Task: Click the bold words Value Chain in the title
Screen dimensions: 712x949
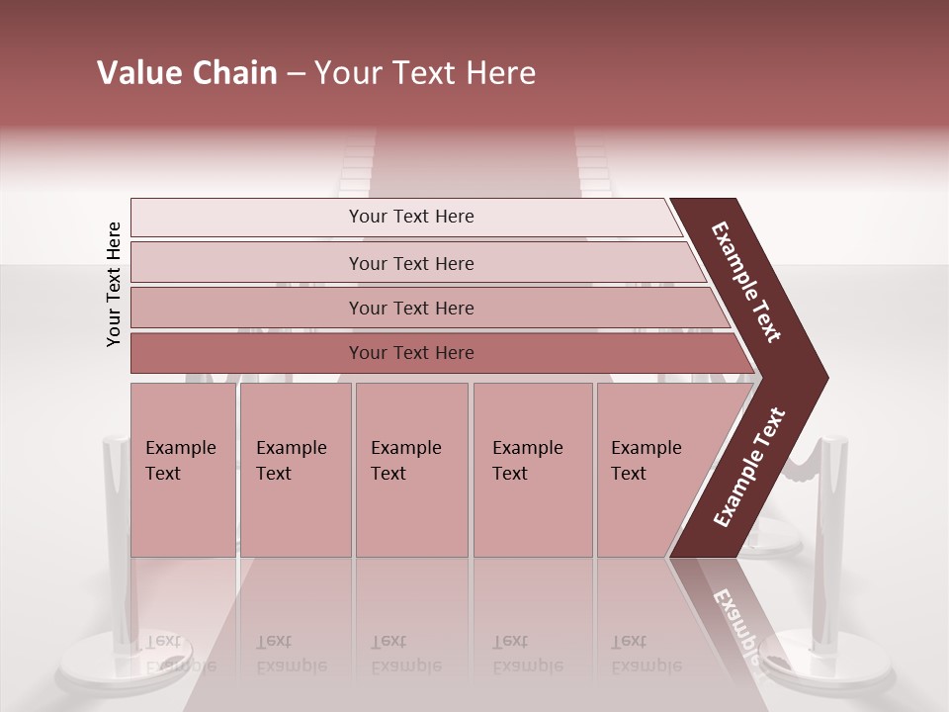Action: click(187, 73)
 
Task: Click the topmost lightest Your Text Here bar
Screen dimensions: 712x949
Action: click(410, 217)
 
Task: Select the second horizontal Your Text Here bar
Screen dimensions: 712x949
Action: click(410, 263)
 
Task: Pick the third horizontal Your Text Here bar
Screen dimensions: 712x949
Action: click(410, 308)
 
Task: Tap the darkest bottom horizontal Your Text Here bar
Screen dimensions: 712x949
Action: click(410, 353)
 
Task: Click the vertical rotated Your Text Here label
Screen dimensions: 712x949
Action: click(114, 284)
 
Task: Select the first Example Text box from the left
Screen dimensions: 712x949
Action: click(182, 470)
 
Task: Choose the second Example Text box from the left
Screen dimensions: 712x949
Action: click(295, 470)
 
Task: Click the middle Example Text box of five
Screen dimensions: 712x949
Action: click(410, 470)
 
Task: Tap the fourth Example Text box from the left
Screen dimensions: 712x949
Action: click(532, 470)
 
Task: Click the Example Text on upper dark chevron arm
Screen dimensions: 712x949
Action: click(747, 282)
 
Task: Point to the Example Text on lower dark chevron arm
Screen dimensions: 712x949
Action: click(749, 468)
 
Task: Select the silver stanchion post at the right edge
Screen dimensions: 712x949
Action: click(829, 534)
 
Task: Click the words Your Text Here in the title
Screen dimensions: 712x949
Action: click(425, 73)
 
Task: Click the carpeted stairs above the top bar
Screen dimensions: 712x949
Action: click(474, 163)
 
